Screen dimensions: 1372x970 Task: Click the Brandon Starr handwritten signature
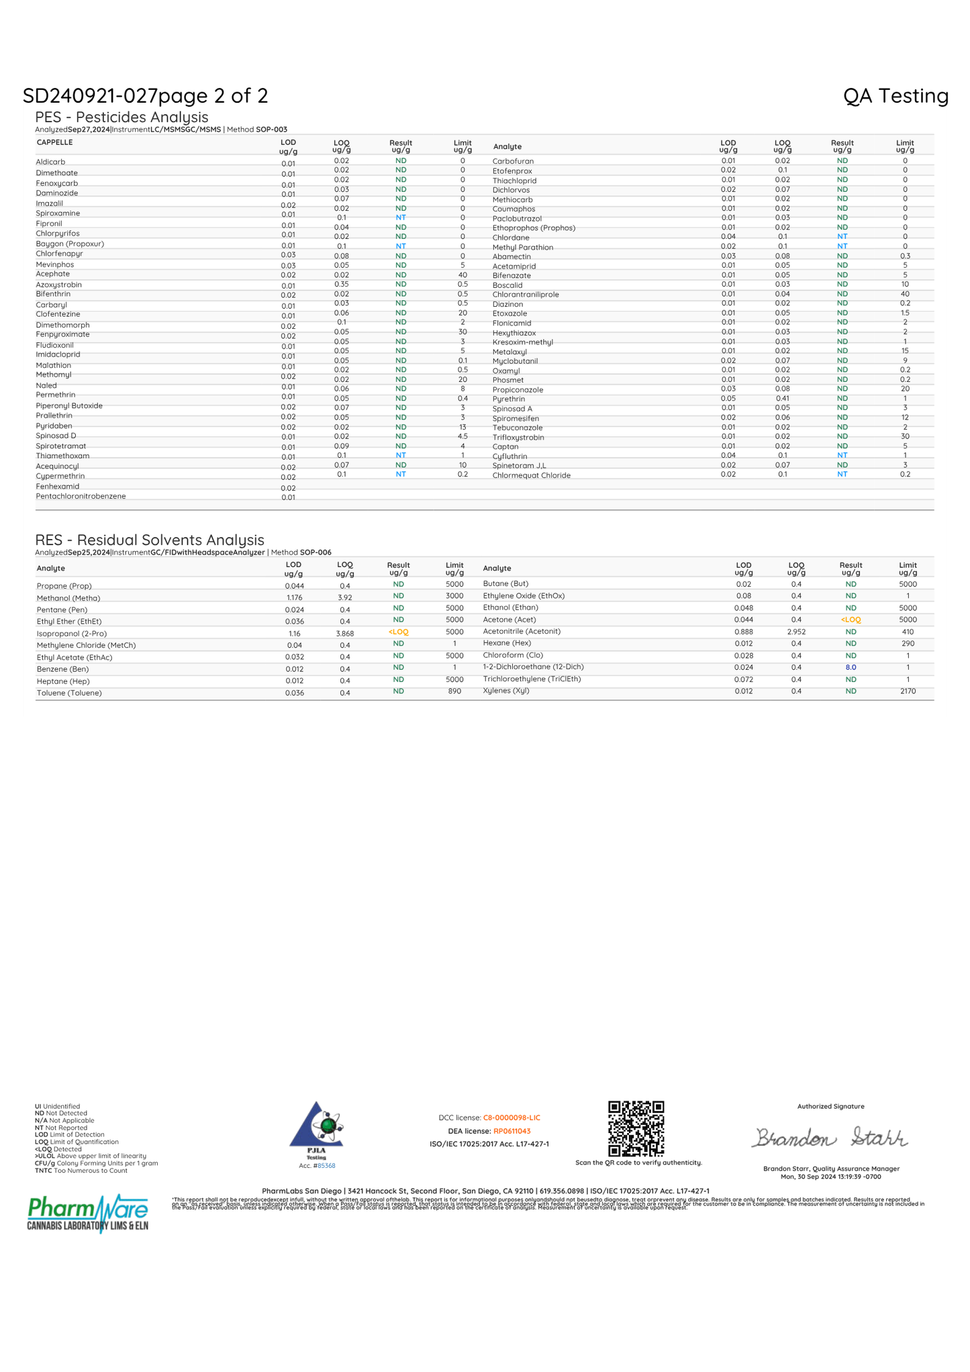pyautogui.click(x=830, y=1138)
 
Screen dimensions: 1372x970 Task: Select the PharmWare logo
pyautogui.click(x=87, y=1213)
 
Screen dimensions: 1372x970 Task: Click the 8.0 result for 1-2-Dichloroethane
pyautogui.click(x=851, y=667)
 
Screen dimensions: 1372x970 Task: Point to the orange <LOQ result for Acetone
pyautogui.click(x=851, y=620)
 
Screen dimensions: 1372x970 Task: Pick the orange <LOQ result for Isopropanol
pyautogui.click(x=398, y=632)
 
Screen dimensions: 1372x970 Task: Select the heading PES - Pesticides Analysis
pyautogui.click(x=122, y=117)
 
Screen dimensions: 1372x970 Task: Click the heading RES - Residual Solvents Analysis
pyautogui.click(x=149, y=540)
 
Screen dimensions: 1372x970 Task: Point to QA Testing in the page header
pyautogui.click(x=895, y=96)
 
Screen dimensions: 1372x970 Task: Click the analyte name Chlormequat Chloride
pyautogui.click(x=531, y=475)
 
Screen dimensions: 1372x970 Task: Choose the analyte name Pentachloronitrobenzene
pyautogui.click(x=81, y=496)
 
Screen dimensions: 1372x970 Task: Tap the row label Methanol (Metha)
pyautogui.click(x=68, y=598)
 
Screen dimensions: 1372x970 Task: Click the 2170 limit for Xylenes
pyautogui.click(x=908, y=691)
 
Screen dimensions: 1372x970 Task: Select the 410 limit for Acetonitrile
pyautogui.click(x=908, y=632)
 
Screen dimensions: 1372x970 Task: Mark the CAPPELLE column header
pyautogui.click(x=54, y=142)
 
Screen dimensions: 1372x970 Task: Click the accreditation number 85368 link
pyautogui.click(x=326, y=1166)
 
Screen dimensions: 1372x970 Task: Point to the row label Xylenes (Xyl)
pyautogui.click(x=506, y=691)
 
